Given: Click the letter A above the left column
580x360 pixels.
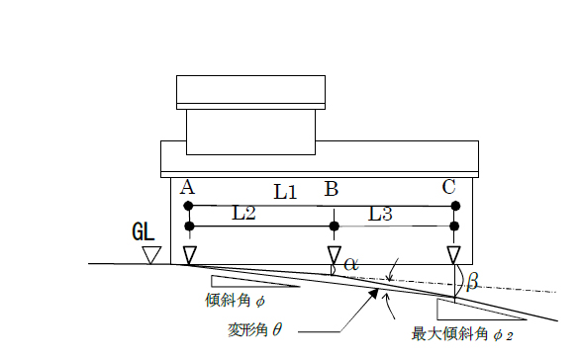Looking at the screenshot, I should (187, 187).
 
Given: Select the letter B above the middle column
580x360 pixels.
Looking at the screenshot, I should (334, 188).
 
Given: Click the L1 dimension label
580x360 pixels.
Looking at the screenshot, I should (284, 192).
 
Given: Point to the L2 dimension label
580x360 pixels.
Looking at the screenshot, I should (243, 213).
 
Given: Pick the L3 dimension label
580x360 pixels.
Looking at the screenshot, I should (382, 213).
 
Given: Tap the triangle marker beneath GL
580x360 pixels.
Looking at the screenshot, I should (150, 255).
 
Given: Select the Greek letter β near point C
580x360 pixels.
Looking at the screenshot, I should (472, 283).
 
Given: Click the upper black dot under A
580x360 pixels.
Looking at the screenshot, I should (189, 206).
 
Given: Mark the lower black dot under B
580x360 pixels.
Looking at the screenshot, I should (335, 226).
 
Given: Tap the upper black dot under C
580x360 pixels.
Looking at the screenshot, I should (455, 206).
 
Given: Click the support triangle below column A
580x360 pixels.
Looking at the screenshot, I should (189, 255).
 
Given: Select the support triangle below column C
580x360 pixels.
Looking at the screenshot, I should (454, 255).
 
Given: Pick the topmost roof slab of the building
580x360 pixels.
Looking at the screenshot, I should (251, 91).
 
